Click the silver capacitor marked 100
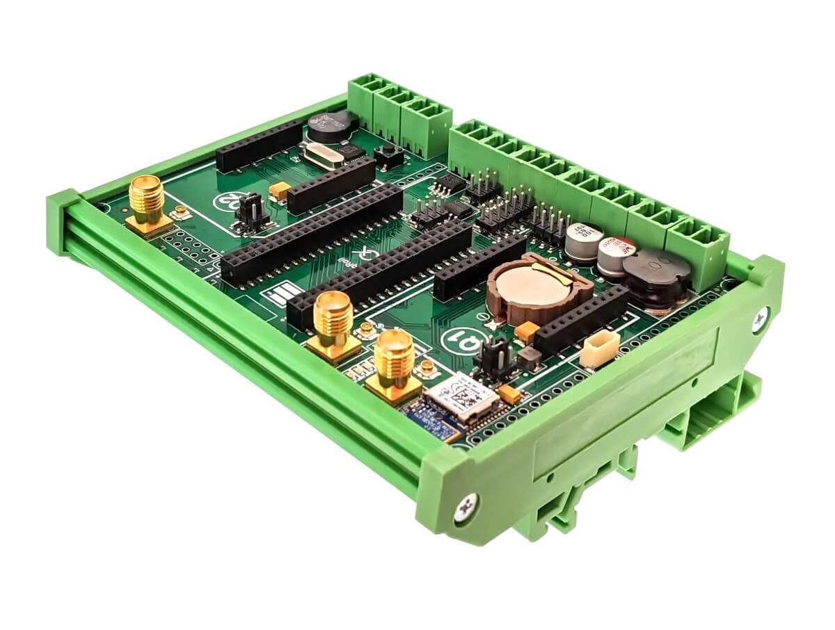point(582,241)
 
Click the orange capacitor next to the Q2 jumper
point(280,190)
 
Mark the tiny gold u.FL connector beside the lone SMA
point(182,211)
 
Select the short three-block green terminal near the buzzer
point(400,115)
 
